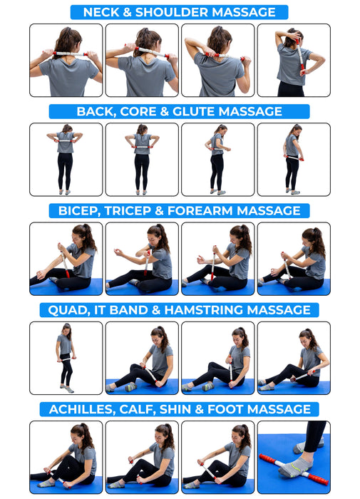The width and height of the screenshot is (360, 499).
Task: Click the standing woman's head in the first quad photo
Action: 66,329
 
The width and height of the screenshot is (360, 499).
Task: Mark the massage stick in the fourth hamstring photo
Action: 302,374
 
